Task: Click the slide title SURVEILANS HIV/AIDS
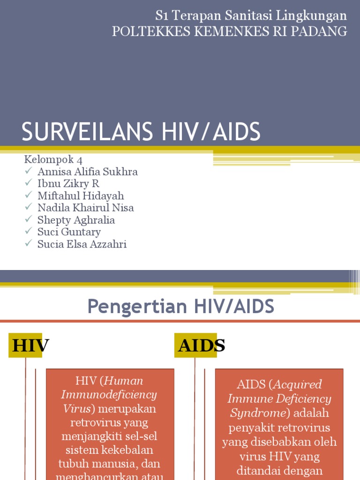[141, 132]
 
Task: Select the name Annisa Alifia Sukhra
[88, 172]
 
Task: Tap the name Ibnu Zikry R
[68, 184]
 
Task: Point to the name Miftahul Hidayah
[81, 196]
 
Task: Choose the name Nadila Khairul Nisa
[86, 208]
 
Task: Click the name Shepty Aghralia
[76, 220]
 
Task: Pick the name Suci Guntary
[69, 232]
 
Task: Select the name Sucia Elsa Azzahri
[82, 244]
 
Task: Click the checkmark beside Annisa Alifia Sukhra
[29, 171]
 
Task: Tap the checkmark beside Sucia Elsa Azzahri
[29, 244]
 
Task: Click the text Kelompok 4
[53, 160]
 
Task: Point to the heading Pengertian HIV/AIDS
[180, 307]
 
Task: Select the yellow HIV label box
[26, 345]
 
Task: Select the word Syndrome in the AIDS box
[258, 413]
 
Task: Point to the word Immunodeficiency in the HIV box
[109, 394]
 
